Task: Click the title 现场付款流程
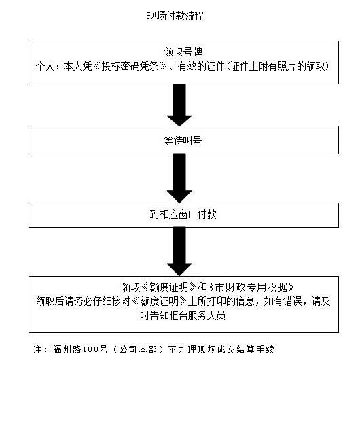tap(175, 16)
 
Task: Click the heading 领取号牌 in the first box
tap(183, 52)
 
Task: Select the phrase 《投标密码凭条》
tap(130, 67)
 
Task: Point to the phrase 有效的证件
tap(201, 67)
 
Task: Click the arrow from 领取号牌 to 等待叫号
tap(179, 105)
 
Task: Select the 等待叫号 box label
tap(183, 141)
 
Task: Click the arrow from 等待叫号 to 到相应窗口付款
tap(179, 178)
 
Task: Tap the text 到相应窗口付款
tap(183, 214)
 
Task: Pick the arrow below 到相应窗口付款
tap(179, 251)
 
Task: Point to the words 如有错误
tap(283, 301)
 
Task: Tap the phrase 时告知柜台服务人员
tap(183, 316)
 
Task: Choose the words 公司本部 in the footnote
tap(138, 349)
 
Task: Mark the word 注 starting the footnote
tap(38, 349)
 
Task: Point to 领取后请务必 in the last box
tap(64, 301)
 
